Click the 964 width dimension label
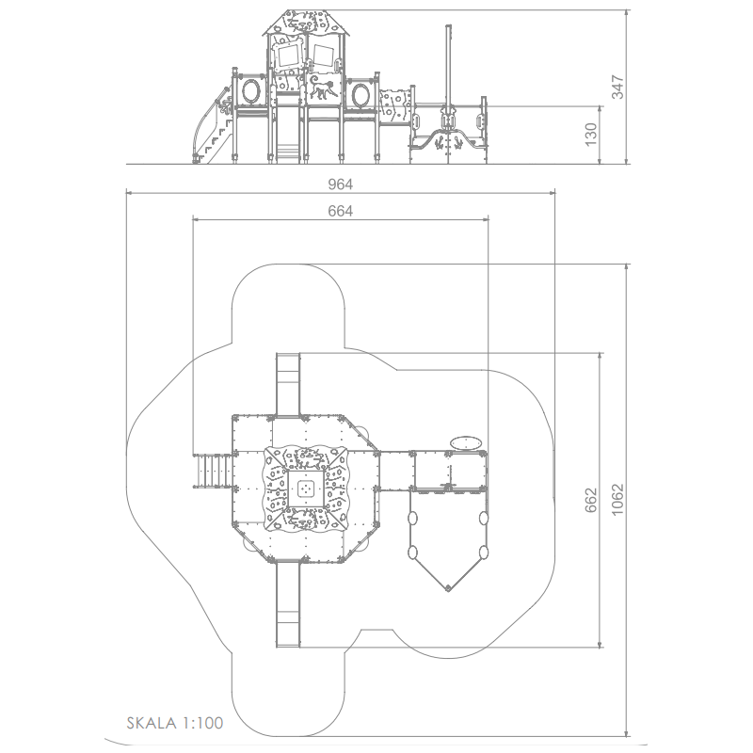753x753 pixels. click(340, 184)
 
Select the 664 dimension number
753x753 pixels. click(340, 211)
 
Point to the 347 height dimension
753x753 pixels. click(617, 87)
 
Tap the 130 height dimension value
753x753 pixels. click(591, 135)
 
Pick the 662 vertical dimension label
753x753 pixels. click(591, 500)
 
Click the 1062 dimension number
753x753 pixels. click(617, 500)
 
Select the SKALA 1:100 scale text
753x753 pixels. click(175, 723)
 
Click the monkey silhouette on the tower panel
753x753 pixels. click(322, 87)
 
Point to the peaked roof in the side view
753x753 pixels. click(307, 23)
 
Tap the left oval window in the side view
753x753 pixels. click(251, 91)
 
